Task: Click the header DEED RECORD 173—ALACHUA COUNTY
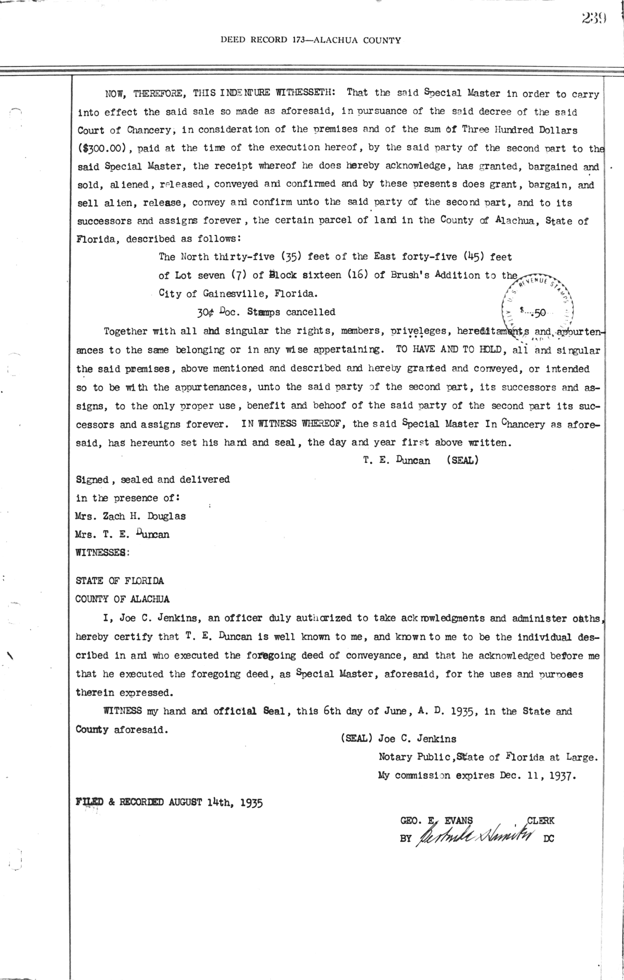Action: (x=310, y=40)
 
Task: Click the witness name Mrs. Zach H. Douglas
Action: (x=131, y=516)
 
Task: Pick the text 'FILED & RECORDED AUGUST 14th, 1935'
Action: (x=170, y=802)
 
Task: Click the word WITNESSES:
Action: (x=102, y=553)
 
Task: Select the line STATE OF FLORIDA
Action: (x=120, y=581)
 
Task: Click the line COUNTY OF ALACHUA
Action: (x=123, y=599)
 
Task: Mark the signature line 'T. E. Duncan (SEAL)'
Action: (x=421, y=460)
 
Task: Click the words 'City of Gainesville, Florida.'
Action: (x=237, y=293)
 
